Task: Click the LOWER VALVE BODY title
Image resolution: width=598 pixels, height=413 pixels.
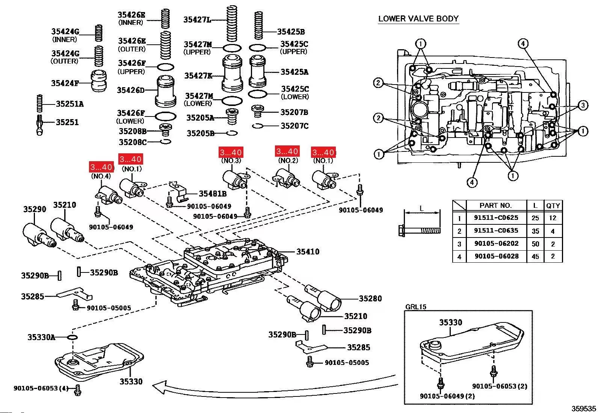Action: coord(418,18)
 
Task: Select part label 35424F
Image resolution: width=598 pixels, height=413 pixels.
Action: coord(65,83)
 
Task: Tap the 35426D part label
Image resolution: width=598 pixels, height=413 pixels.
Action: coord(130,90)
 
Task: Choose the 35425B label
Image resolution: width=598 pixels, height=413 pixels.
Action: coord(291,32)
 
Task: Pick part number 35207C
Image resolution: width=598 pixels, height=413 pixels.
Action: coord(294,126)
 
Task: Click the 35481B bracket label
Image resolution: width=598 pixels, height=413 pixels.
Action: coord(213,194)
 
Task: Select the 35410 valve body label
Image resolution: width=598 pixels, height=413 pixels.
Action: coord(308,251)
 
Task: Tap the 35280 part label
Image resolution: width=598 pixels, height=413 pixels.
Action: coord(370,298)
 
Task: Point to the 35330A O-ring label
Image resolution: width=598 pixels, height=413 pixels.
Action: coord(41,337)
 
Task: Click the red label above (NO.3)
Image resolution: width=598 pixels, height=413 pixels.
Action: coord(231,152)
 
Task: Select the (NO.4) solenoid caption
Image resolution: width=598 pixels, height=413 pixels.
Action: coord(101,176)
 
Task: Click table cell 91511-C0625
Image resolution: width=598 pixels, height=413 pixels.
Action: coord(496,218)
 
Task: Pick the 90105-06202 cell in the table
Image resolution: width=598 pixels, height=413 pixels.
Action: coord(496,244)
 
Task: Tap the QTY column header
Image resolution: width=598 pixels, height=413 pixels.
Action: coord(553,206)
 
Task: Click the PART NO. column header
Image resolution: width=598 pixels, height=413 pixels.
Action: coord(495,205)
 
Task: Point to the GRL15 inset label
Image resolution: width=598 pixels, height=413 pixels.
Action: coord(415,307)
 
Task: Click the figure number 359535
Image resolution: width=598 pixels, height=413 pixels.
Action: coord(584,408)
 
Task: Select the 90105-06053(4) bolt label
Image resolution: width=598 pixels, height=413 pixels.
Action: coord(41,388)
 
